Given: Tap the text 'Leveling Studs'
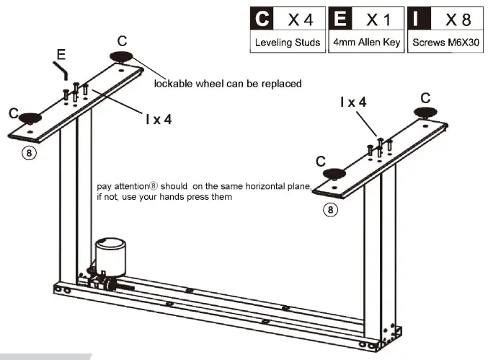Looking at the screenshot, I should [288, 43].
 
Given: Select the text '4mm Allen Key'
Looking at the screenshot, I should [366, 43].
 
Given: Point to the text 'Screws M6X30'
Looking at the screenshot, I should [445, 43].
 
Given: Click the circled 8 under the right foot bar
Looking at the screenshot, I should [330, 210].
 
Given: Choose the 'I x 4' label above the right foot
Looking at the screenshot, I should [353, 102].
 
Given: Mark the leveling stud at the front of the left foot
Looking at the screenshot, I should [30, 118].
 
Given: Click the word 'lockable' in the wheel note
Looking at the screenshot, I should [172, 83].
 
